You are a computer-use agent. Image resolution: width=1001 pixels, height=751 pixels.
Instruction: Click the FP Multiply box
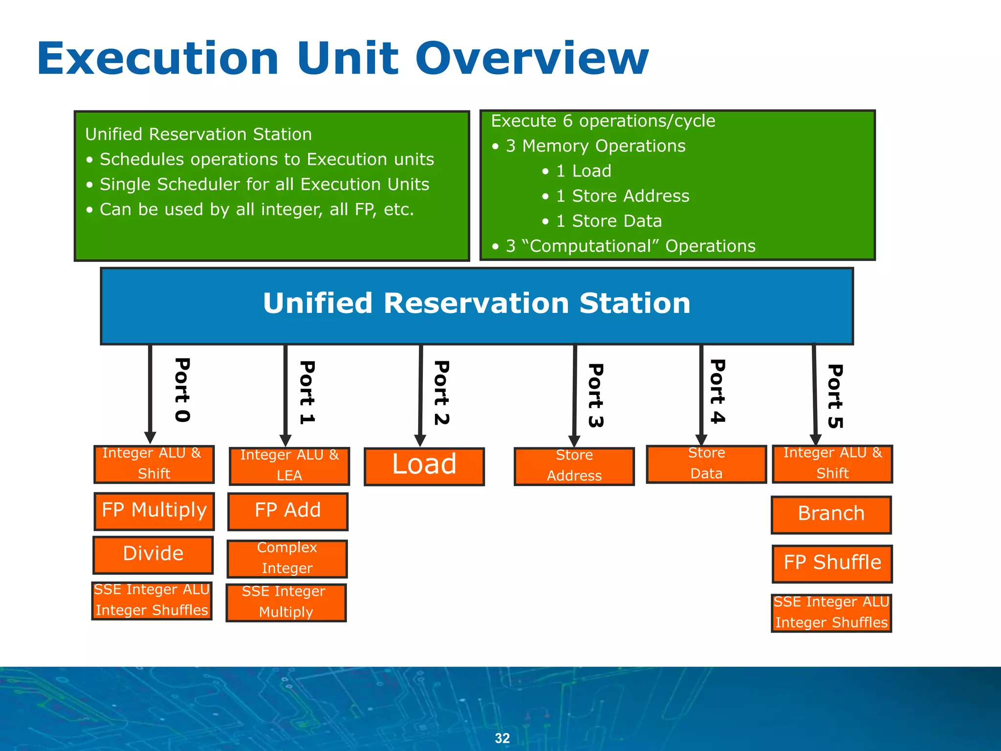pyautogui.click(x=154, y=511)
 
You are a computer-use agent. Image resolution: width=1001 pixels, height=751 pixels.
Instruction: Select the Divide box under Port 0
pyautogui.click(x=153, y=554)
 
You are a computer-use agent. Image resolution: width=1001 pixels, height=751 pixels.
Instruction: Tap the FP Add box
pyautogui.click(x=288, y=511)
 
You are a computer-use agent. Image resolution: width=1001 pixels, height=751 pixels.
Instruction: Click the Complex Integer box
pyautogui.click(x=287, y=558)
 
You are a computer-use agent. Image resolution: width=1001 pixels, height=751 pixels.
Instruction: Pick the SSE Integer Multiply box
pyautogui.click(x=286, y=602)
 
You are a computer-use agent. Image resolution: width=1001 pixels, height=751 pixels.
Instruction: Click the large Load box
pyautogui.click(x=424, y=466)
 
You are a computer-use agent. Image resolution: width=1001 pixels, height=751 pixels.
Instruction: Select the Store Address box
pyautogui.click(x=574, y=466)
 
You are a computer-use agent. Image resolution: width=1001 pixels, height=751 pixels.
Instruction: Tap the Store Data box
pyautogui.click(x=706, y=464)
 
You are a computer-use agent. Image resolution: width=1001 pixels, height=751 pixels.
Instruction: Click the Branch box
pyautogui.click(x=831, y=514)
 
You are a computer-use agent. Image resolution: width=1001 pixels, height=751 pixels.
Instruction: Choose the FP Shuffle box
pyautogui.click(x=832, y=563)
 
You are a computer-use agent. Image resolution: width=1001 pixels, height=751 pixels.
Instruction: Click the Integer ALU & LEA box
pyautogui.click(x=289, y=465)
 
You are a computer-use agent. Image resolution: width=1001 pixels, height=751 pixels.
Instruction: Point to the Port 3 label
pyautogui.click(x=596, y=395)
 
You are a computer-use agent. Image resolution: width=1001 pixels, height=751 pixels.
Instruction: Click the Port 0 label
pyautogui.click(x=182, y=390)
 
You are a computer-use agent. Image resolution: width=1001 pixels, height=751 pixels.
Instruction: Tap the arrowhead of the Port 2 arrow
pyautogui.click(x=420, y=440)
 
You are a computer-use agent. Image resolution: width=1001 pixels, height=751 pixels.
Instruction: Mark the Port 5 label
pyautogui.click(x=835, y=396)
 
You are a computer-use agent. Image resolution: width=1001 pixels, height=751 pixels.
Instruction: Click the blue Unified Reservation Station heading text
pyautogui.click(x=477, y=304)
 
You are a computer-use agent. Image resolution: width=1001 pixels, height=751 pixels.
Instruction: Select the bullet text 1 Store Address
pyautogui.click(x=622, y=196)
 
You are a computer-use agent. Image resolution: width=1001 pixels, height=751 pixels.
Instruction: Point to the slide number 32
pyautogui.click(x=502, y=738)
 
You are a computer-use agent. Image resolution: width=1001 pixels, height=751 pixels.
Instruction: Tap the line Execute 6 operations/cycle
pyautogui.click(x=603, y=121)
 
